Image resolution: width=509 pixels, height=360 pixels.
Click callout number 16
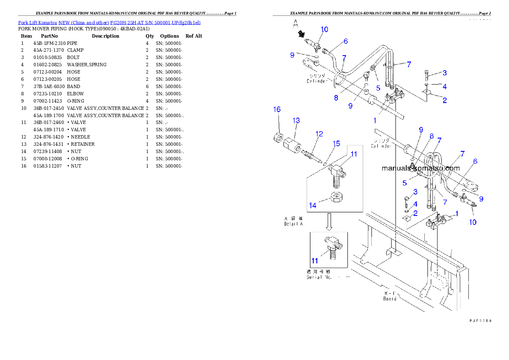[277, 110]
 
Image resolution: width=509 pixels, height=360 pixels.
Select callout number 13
[296, 121]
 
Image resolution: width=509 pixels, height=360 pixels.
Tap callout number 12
[319, 134]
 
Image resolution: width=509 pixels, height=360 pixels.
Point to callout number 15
[337, 144]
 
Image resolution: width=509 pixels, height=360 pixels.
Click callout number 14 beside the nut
[313, 206]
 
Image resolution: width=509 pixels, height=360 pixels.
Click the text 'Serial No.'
[319, 277]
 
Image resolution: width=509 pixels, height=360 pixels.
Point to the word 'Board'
[390, 299]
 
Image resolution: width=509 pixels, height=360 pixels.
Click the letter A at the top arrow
[295, 24]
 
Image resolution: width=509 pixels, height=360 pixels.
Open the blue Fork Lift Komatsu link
[109, 23]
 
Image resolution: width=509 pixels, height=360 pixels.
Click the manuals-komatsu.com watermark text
[420, 168]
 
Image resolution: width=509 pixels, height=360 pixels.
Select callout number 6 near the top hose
[345, 41]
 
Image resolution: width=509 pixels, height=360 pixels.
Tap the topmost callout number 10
[324, 30]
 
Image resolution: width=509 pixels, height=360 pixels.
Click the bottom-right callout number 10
[473, 222]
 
